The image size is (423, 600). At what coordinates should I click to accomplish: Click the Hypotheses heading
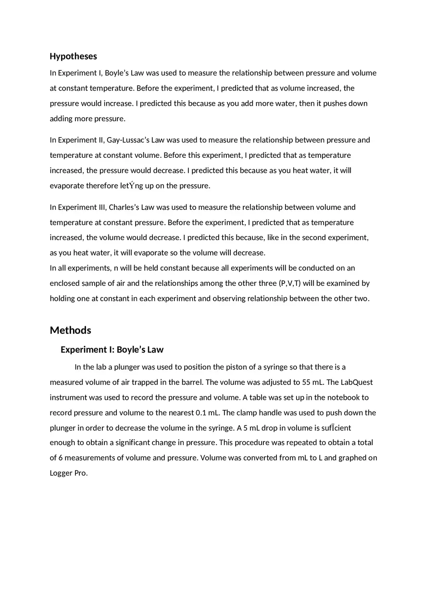click(x=73, y=56)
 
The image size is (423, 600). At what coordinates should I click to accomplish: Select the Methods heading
click(x=70, y=330)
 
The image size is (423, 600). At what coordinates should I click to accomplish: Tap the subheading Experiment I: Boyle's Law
click(x=112, y=349)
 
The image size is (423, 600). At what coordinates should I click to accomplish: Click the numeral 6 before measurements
click(x=60, y=458)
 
